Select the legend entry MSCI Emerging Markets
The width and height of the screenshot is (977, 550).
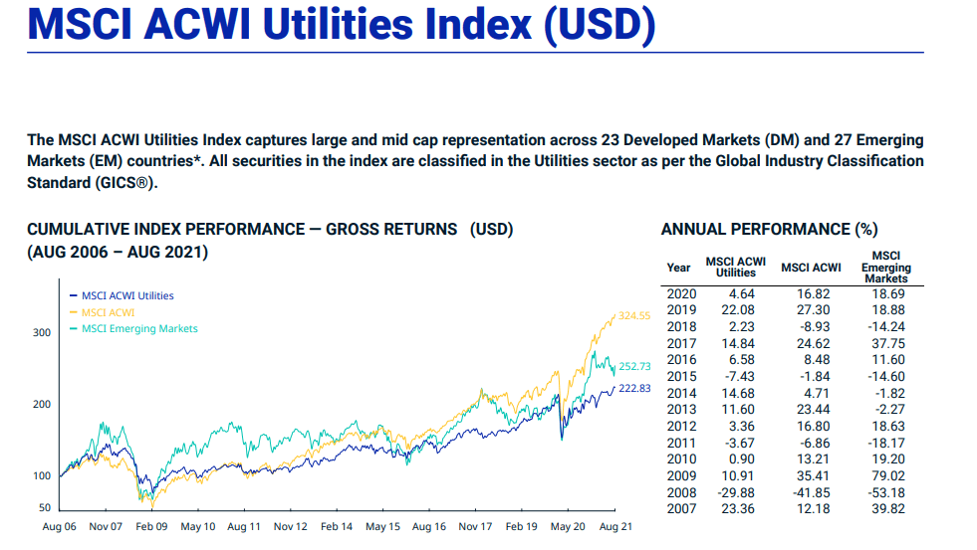click(x=139, y=328)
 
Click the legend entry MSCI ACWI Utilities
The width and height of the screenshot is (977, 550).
click(x=127, y=295)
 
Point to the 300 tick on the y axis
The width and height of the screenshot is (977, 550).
click(x=40, y=332)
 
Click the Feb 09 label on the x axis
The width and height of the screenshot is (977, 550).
click(x=151, y=526)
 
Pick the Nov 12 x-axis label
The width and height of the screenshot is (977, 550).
click(x=290, y=526)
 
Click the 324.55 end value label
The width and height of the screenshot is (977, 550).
click(x=633, y=315)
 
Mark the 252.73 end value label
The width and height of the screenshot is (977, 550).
click(x=634, y=367)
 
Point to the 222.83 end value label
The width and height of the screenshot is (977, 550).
click(x=633, y=388)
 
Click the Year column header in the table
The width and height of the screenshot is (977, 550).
click(x=678, y=267)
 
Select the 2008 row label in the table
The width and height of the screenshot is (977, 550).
click(x=680, y=492)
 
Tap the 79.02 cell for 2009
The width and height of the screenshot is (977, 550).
click(x=885, y=475)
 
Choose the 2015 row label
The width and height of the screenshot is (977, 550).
click(x=680, y=376)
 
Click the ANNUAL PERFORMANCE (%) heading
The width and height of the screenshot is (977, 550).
click(x=769, y=230)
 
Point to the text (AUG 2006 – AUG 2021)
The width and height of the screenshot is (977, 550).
click(x=118, y=253)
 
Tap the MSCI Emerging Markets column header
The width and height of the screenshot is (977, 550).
click(x=885, y=267)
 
